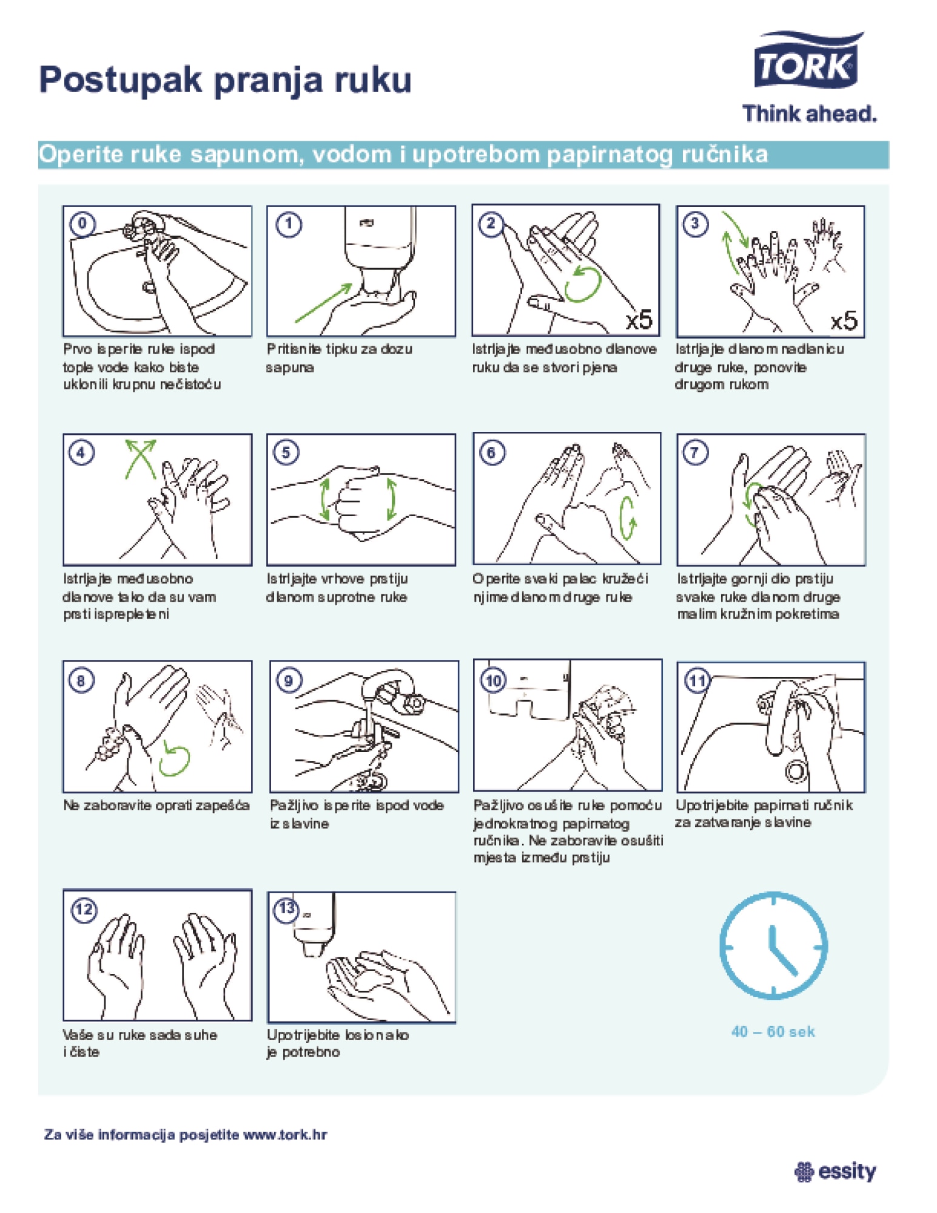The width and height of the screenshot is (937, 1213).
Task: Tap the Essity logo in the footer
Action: (x=835, y=1171)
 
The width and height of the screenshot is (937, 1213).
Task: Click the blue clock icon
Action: (x=773, y=945)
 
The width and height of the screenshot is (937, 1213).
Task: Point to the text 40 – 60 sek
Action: (x=773, y=1032)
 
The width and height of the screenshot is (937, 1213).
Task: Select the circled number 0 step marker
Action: (x=82, y=224)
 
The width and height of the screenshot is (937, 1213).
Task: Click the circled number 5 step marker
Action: (x=286, y=452)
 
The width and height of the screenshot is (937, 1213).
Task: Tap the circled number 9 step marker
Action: (x=289, y=680)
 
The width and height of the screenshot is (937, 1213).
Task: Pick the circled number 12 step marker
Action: (x=84, y=909)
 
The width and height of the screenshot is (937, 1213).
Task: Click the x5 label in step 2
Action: (x=639, y=320)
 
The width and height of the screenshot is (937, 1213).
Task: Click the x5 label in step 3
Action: (x=844, y=320)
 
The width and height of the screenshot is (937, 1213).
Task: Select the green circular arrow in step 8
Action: (x=174, y=759)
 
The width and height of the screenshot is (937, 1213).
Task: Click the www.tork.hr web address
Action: (x=285, y=1134)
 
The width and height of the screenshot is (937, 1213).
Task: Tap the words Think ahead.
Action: (x=810, y=113)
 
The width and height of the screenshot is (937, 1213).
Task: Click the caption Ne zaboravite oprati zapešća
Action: (x=156, y=806)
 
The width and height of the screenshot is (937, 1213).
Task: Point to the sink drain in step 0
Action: (x=149, y=287)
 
